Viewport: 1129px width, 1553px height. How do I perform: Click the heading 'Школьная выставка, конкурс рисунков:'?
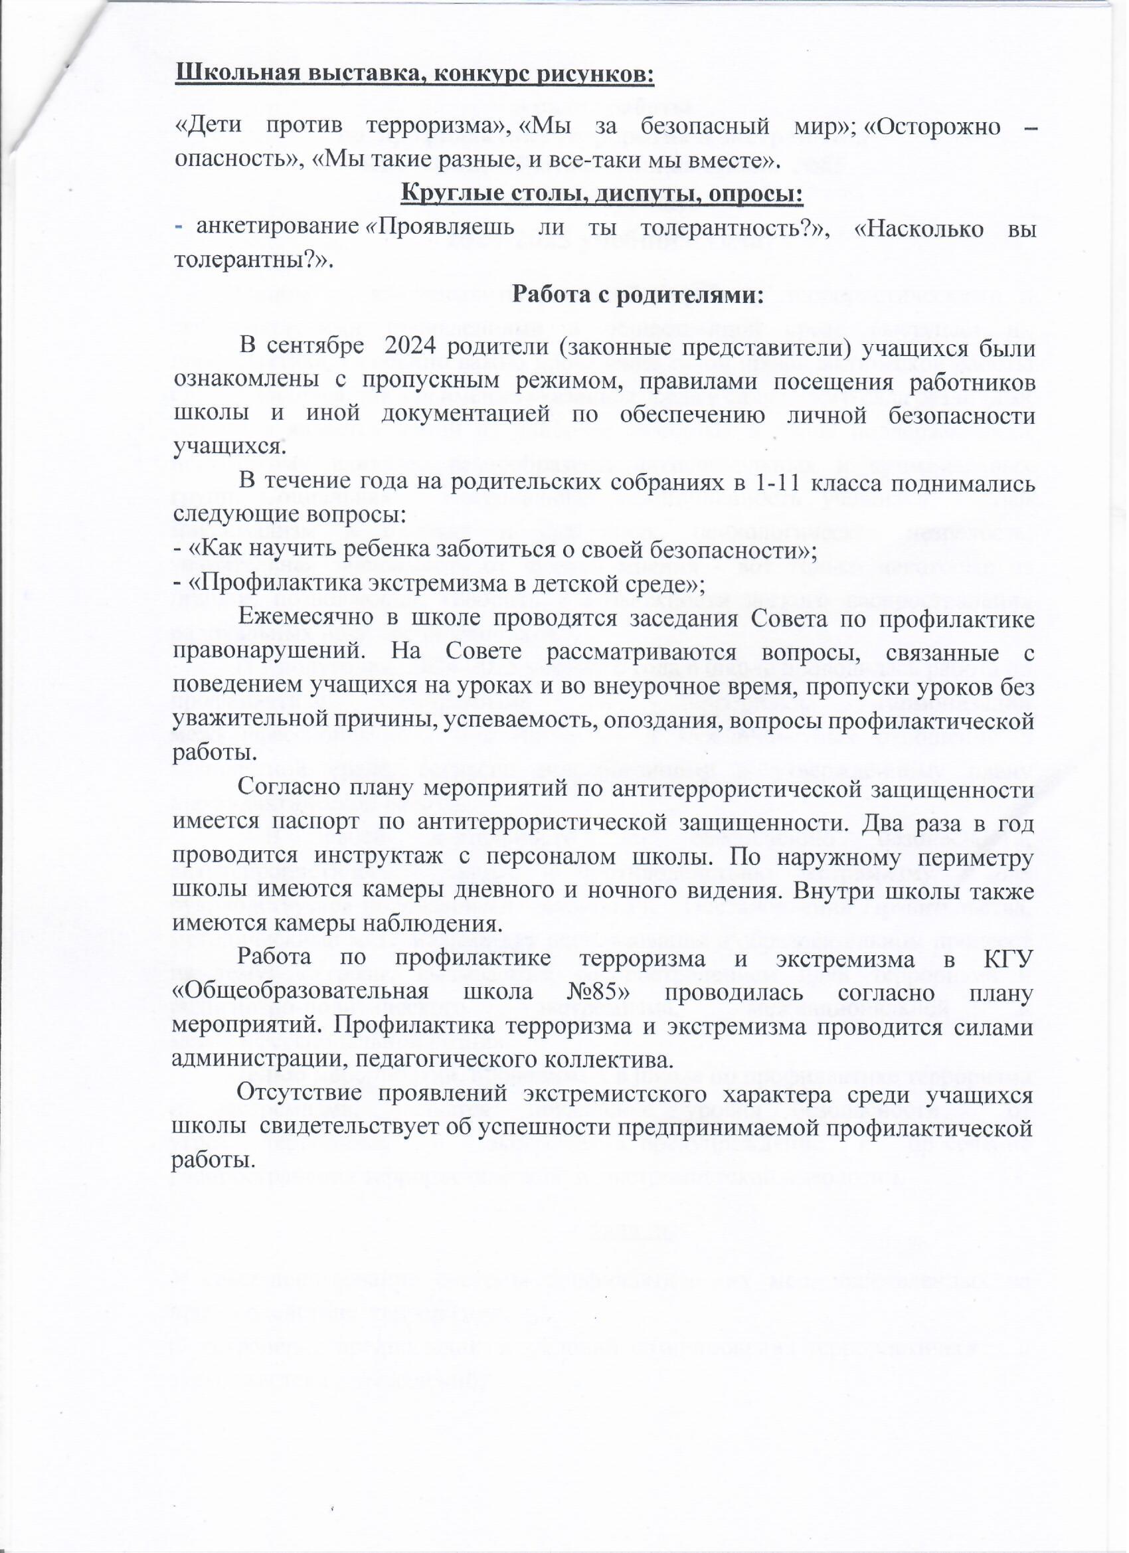tap(415, 73)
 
